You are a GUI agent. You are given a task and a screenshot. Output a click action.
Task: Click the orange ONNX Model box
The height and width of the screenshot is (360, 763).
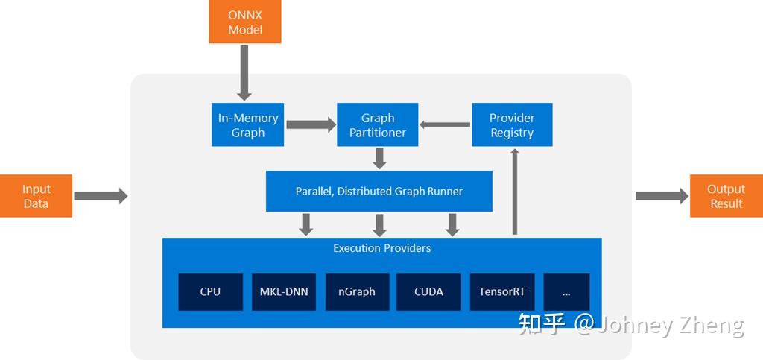pyautogui.click(x=245, y=22)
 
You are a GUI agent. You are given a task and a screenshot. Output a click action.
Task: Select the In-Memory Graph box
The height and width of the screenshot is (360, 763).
pyautogui.click(x=248, y=125)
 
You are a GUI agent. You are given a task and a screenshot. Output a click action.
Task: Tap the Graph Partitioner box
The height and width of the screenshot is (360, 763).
pyautogui.click(x=378, y=125)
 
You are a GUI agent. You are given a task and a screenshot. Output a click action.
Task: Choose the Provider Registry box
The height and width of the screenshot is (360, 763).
pyautogui.click(x=512, y=125)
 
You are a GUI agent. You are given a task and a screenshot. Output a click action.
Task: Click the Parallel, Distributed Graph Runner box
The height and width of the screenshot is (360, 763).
pyautogui.click(x=379, y=192)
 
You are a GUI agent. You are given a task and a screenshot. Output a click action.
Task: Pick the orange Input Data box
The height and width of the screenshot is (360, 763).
pyautogui.click(x=36, y=196)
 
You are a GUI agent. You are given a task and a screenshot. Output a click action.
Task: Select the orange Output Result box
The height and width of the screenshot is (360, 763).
pyautogui.click(x=726, y=196)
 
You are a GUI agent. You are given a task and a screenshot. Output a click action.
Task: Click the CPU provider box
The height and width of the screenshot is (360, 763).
pyautogui.click(x=210, y=291)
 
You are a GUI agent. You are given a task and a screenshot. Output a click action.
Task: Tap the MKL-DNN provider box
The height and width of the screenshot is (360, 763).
pyautogui.click(x=283, y=291)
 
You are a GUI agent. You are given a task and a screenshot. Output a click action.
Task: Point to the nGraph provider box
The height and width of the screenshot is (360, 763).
pyautogui.click(x=356, y=291)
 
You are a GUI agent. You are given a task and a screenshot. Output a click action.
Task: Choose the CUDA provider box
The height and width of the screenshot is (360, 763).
pyautogui.click(x=428, y=291)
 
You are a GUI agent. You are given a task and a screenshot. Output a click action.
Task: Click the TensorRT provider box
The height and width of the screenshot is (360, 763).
pyautogui.click(x=502, y=291)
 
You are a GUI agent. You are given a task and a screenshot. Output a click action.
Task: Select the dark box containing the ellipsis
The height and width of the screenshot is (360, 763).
pyautogui.click(x=566, y=291)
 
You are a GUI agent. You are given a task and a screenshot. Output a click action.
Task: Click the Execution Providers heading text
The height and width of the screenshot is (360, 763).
pyautogui.click(x=381, y=248)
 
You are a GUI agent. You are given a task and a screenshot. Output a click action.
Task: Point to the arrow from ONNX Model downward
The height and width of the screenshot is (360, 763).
pyautogui.click(x=244, y=72)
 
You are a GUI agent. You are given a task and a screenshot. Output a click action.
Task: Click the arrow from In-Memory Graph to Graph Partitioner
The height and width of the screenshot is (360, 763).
pyautogui.click(x=311, y=125)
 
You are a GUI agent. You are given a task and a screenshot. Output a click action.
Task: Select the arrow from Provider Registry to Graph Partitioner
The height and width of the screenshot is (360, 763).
pyautogui.click(x=445, y=125)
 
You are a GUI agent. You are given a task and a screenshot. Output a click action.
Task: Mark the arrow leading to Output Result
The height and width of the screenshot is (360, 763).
pyautogui.click(x=661, y=196)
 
